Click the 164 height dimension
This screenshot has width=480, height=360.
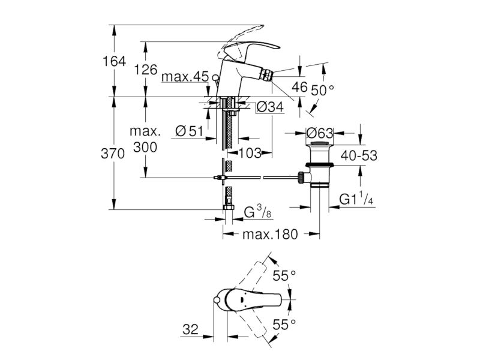tap(114, 61)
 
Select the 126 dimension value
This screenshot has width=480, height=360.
tap(146, 70)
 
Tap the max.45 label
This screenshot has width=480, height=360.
tap(185, 77)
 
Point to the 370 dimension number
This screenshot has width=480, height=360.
tap(113, 154)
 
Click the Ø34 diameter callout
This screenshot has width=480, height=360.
tap(270, 107)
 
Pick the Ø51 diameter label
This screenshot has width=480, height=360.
tap(189, 131)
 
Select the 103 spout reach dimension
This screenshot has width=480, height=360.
tap(250, 153)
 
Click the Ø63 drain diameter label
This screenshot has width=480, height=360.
tap(320, 133)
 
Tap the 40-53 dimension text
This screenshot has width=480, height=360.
tap(359, 155)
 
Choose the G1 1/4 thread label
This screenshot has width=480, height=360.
tap(356, 200)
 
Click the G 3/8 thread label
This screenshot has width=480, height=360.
tap(258, 212)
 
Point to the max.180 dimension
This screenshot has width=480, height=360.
tap(270, 235)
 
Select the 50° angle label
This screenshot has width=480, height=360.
tap(323, 91)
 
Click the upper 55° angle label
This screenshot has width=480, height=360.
tap(284, 275)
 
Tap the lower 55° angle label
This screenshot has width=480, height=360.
tap(284, 325)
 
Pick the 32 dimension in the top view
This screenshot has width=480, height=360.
tap(190, 329)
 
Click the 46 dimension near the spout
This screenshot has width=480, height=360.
tap(299, 87)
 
